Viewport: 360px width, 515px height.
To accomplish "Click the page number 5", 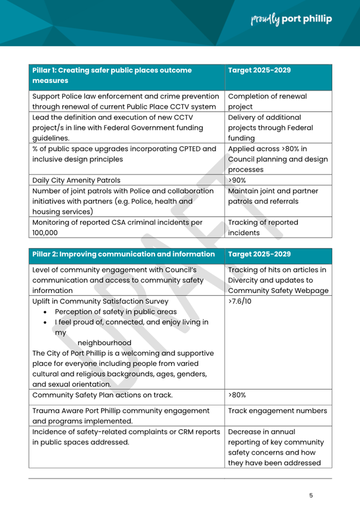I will click(311, 495).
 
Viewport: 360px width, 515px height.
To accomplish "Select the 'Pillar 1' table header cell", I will click(127, 76).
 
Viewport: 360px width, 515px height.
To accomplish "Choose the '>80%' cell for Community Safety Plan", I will click(237, 395).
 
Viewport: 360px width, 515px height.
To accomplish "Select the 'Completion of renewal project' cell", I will click(267, 102).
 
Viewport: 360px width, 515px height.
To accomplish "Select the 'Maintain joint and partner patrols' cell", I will click(273, 196).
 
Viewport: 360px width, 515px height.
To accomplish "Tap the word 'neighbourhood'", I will click(104, 343).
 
